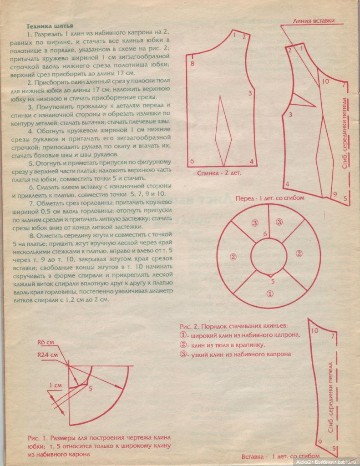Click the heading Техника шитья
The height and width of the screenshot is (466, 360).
[x=51, y=26]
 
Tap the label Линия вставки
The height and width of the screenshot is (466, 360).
[x=314, y=20]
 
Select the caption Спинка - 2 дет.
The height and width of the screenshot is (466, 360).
[x=219, y=173]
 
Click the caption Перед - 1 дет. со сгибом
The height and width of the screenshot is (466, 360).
[x=269, y=198]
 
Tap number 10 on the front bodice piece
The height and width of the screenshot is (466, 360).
[x=325, y=81]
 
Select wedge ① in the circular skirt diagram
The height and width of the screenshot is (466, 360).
[x=269, y=294]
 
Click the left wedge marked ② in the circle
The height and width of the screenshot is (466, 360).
[x=233, y=257]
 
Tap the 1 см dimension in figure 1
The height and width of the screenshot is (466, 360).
[x=56, y=385]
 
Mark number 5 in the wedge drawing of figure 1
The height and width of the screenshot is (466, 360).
[x=90, y=388]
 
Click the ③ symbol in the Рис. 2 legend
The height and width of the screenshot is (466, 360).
[x=183, y=354]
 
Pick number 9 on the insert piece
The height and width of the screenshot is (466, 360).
[x=320, y=442]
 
